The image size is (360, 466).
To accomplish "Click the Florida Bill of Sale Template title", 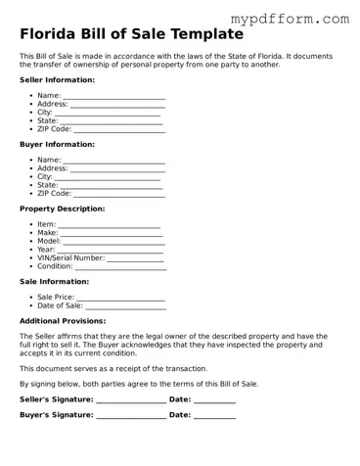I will click(131, 35).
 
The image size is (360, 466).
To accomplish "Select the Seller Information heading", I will click(58, 79).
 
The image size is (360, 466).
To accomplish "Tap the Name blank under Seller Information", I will click(113, 96).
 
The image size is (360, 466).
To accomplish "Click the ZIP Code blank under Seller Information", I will click(118, 129).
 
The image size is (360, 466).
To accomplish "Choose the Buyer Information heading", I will click(57, 144).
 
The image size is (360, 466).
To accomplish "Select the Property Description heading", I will click(63, 209).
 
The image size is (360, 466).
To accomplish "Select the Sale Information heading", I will click(55, 281).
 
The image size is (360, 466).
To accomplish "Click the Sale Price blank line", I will click(121, 298).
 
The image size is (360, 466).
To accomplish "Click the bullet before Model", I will click(32, 241).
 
